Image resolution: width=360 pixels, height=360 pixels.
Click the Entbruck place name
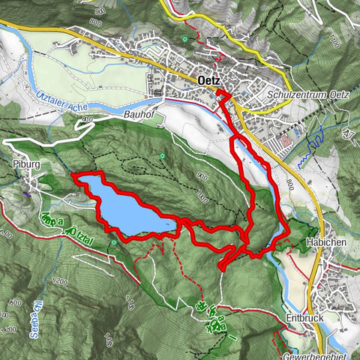coord(303,318)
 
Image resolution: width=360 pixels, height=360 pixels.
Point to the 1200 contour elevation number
coord(61,283)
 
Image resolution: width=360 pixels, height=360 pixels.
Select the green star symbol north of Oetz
coord(184,38)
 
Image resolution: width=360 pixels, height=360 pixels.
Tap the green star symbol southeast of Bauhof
coord(161,156)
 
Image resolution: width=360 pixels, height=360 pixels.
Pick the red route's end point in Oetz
coord(220,92)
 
